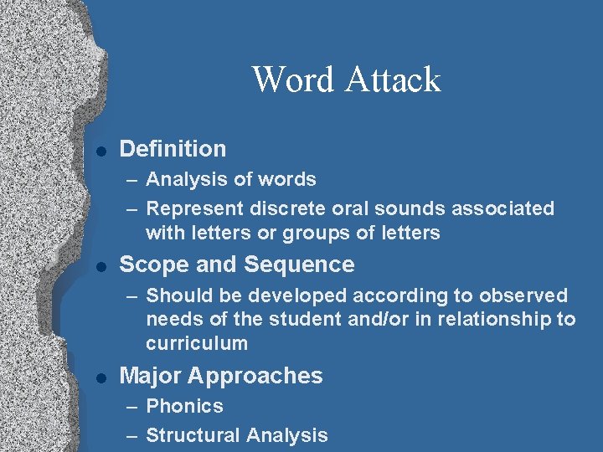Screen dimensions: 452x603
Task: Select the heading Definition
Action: click(x=173, y=149)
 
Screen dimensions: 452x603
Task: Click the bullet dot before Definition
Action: click(x=100, y=151)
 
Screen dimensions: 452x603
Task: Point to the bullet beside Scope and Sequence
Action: click(x=100, y=266)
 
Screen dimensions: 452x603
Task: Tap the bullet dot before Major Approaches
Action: click(x=100, y=378)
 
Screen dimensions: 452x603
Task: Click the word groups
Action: click(x=311, y=234)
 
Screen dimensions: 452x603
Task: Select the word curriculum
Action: click(x=197, y=343)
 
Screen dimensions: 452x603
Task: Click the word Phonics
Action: click(x=184, y=406)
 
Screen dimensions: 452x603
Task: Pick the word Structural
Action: click(x=193, y=435)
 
